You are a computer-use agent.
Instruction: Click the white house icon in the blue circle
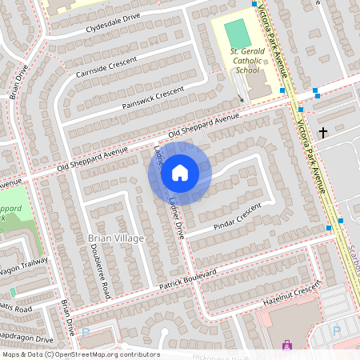[180, 173]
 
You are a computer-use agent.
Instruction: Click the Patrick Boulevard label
[187, 279]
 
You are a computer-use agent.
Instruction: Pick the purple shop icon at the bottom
[286, 345]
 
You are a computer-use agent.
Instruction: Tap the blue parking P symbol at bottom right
[336, 330]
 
